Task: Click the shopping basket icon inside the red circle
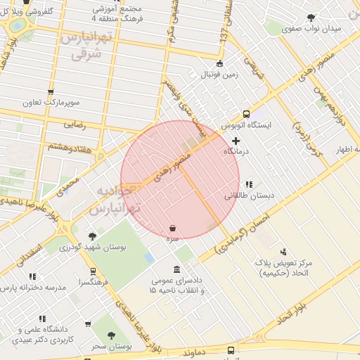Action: [x=173, y=228]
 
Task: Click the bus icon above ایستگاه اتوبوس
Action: [x=246, y=114]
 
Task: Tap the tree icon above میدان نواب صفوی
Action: [x=311, y=19]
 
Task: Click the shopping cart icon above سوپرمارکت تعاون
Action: [x=50, y=92]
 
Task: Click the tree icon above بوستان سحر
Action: [x=111, y=337]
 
